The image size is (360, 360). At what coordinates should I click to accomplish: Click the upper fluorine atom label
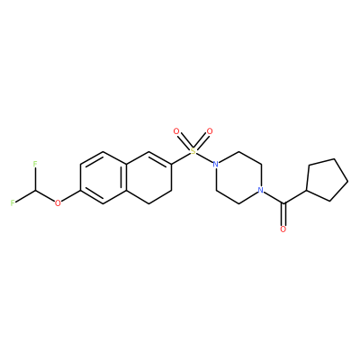click(x=35, y=164)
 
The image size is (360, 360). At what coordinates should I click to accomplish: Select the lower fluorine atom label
click(x=13, y=202)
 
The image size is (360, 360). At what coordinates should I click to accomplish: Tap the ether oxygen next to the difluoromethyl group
click(x=58, y=203)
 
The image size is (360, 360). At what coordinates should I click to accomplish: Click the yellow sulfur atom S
click(x=193, y=151)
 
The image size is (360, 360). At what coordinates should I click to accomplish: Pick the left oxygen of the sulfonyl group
click(x=176, y=131)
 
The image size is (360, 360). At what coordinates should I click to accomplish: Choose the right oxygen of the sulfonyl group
click(x=210, y=131)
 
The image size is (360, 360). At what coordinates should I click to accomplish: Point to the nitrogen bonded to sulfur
click(x=215, y=164)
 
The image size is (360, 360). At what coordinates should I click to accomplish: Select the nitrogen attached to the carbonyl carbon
click(x=261, y=190)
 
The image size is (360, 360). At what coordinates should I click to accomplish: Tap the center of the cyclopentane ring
click(x=326, y=180)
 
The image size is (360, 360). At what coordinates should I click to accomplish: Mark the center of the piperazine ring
click(x=238, y=177)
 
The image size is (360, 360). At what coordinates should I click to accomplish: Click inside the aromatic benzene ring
click(x=103, y=177)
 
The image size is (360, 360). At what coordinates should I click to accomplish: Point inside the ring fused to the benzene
click(x=148, y=177)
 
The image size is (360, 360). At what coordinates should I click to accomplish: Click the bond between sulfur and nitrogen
click(x=204, y=157)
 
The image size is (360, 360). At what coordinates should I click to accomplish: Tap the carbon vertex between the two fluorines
click(x=35, y=190)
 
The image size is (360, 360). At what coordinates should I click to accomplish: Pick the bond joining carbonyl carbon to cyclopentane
click(x=295, y=197)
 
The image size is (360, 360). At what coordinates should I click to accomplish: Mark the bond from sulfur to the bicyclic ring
click(x=181, y=158)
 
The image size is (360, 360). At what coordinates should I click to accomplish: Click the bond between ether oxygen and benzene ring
click(x=71, y=196)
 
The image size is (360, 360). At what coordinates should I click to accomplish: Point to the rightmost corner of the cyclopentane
click(x=348, y=181)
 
